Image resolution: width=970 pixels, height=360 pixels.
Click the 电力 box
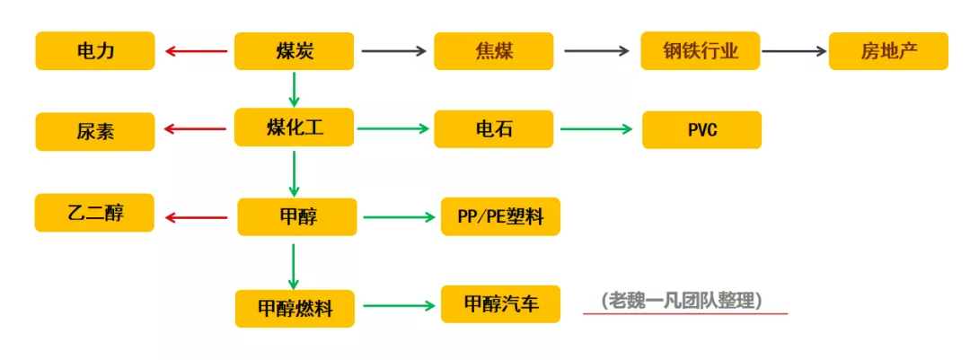[x=94, y=50]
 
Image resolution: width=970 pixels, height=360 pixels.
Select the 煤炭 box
[x=294, y=50]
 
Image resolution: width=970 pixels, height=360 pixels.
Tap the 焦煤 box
[x=494, y=50]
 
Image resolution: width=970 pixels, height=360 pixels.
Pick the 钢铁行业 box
[x=701, y=50]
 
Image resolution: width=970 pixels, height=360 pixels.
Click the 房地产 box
[x=888, y=50]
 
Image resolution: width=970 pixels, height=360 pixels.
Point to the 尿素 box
[x=94, y=131]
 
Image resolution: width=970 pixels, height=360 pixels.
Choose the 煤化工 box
[x=294, y=127]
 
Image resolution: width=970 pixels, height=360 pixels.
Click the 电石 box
[x=494, y=129]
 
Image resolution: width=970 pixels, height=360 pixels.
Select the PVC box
[x=701, y=130]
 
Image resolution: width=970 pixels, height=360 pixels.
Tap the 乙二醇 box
[x=94, y=213]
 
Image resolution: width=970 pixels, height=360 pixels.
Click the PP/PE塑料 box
[x=500, y=216]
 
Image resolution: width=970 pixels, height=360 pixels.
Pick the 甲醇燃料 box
[x=295, y=308]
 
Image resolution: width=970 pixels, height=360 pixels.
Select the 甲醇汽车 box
[x=500, y=303]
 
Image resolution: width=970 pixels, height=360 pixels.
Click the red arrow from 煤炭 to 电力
[x=196, y=51]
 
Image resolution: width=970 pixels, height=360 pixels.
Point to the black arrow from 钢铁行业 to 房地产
[x=794, y=51]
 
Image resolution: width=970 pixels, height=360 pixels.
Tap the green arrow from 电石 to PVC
[x=596, y=128]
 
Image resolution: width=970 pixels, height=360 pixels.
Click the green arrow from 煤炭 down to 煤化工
[x=295, y=89]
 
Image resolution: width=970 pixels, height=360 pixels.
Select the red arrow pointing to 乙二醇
[x=196, y=217]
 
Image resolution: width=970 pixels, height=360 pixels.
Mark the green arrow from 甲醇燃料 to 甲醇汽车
[x=400, y=305]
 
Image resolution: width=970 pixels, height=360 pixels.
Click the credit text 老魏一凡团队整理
[x=681, y=301]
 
